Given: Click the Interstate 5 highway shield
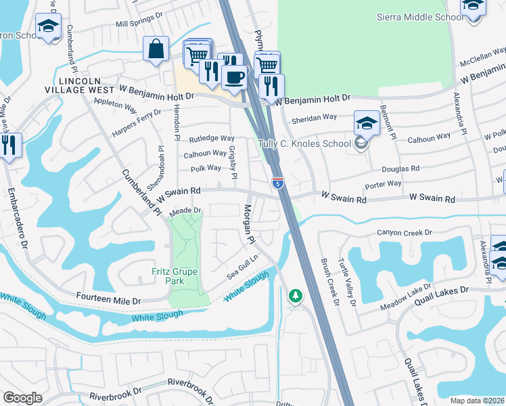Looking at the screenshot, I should (x=277, y=182).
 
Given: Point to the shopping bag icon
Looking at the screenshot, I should (x=156, y=49).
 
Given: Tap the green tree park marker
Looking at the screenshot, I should (x=295, y=296).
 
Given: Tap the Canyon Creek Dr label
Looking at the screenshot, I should (x=405, y=233).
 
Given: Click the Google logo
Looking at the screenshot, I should (x=22, y=398).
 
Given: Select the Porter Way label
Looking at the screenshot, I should (x=383, y=183).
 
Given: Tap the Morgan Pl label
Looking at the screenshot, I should (x=248, y=224).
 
